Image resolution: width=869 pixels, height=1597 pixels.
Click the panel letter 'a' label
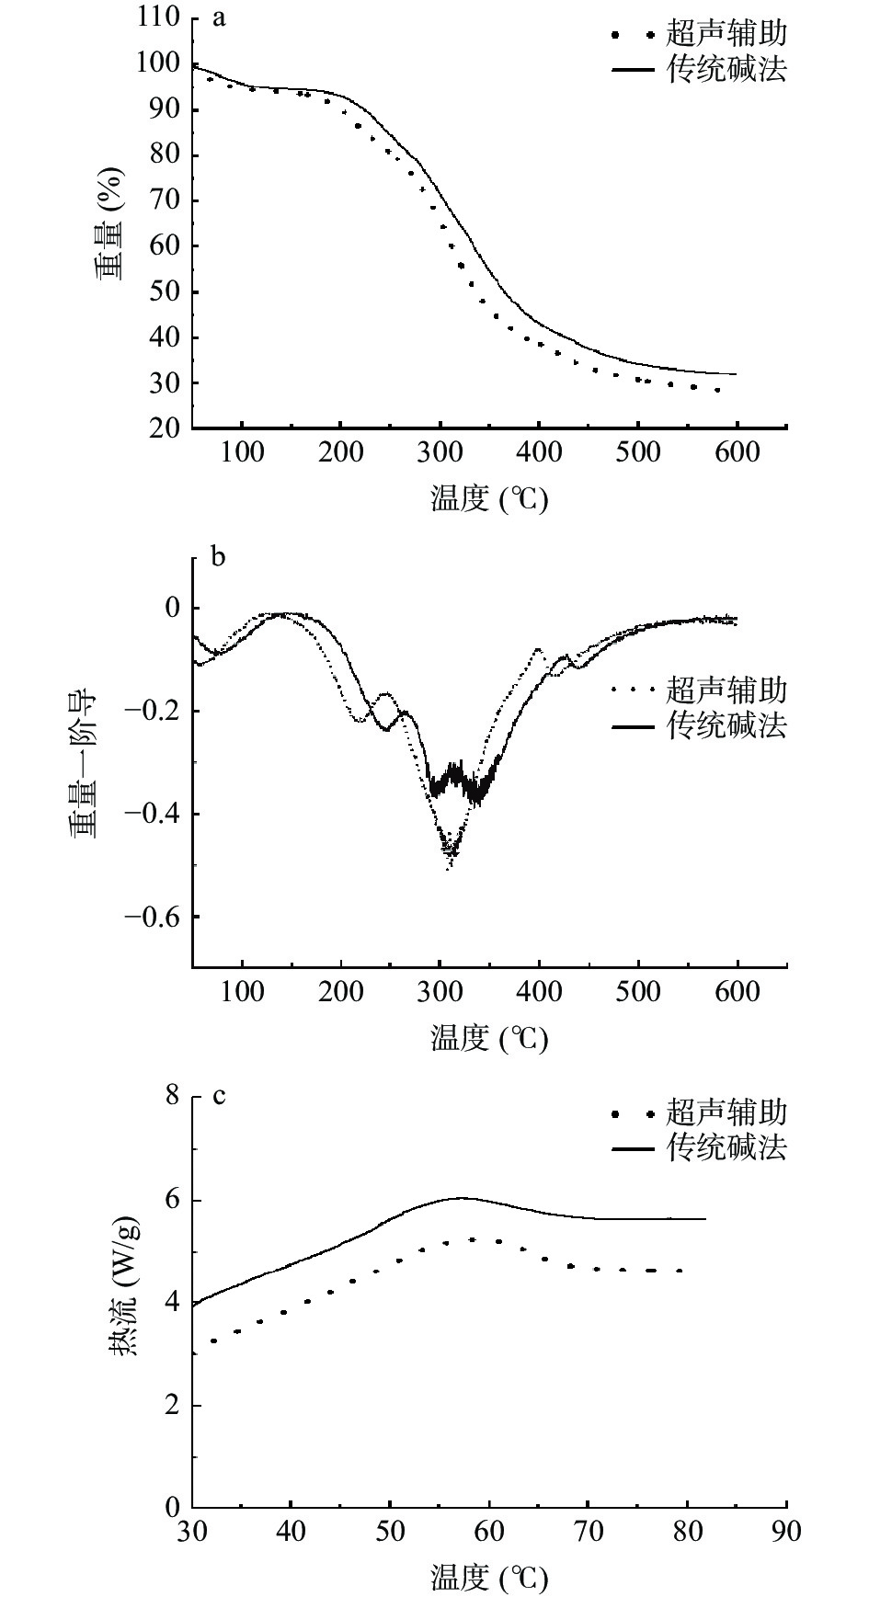pos(219,17)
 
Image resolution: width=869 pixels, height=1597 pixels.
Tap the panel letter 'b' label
pos(219,557)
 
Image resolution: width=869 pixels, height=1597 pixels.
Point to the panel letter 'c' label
pos(219,1096)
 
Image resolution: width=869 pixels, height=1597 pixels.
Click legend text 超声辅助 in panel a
pos(726,34)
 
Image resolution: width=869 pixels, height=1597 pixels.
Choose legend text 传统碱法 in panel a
pos(726,70)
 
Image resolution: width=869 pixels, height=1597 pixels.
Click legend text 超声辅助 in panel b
pos(726,690)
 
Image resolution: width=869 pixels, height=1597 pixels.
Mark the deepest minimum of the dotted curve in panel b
pos(449,867)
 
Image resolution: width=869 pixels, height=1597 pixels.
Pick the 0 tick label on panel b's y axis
pos(172,608)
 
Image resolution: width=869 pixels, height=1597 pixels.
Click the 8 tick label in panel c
pos(172,1096)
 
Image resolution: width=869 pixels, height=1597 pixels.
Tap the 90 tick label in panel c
pos(786,1531)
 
